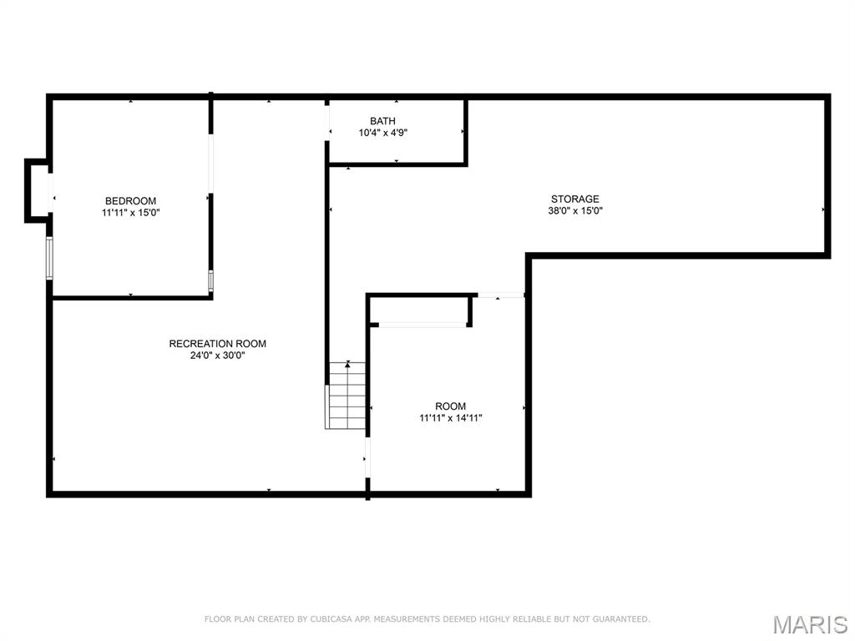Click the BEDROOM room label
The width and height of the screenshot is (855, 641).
[130, 201]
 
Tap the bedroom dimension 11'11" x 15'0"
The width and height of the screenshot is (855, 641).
[130, 213]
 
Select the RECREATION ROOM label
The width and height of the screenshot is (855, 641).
[218, 344]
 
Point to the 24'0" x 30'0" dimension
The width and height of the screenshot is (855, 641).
[218, 356]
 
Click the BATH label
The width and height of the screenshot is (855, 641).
[383, 121]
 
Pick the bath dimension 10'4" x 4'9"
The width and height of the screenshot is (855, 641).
[383, 133]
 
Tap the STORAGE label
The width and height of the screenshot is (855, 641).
[574, 199]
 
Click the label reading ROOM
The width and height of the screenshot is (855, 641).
[450, 406]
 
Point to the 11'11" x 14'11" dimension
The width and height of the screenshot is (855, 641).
[450, 418]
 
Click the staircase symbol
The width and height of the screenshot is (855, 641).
[346, 397]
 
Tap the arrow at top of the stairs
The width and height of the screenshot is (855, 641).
[347, 364]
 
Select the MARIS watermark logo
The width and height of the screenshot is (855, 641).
[809, 624]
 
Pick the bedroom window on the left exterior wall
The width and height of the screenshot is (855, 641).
[49, 258]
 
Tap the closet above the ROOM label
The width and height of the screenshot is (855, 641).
[419, 310]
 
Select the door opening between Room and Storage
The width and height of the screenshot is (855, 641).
[499, 295]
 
